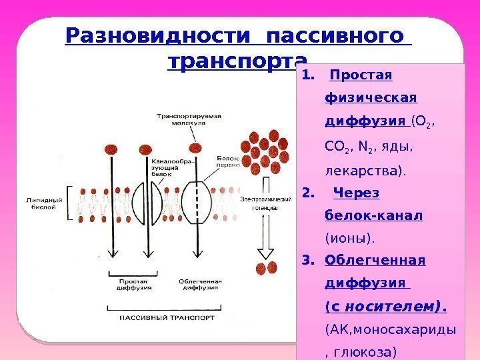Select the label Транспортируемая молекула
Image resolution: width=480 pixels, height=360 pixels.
pos(188,119)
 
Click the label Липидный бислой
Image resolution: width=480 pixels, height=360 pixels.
pos(45,203)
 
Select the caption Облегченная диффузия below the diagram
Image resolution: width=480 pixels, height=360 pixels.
pos(195,285)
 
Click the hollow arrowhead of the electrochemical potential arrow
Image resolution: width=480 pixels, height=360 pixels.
pos(266,251)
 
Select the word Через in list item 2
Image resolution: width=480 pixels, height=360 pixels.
pos(356,193)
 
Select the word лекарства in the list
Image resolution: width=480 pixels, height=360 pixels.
pos(364,170)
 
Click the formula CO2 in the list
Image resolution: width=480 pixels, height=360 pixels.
pos(336,146)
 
